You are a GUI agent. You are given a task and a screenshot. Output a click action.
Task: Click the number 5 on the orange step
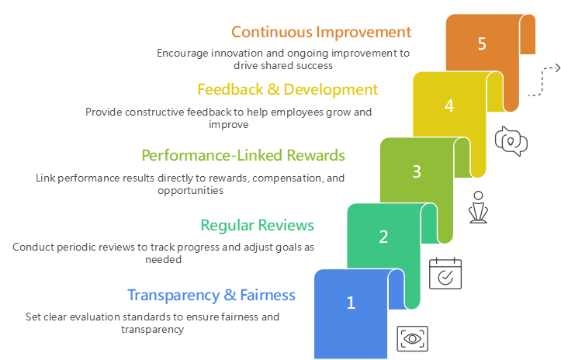482,43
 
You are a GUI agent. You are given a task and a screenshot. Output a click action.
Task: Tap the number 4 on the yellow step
449,106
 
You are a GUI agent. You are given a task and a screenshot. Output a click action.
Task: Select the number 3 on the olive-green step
416,171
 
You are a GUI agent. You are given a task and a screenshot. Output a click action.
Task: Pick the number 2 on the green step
383,237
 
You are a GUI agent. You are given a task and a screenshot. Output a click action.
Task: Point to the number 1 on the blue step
350,303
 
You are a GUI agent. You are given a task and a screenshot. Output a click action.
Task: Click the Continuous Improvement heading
320,32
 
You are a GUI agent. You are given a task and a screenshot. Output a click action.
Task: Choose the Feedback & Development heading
287,89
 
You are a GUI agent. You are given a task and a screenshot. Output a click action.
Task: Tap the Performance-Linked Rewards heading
243,155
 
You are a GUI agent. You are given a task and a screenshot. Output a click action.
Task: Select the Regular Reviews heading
257,225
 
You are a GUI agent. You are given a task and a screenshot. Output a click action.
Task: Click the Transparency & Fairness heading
211,295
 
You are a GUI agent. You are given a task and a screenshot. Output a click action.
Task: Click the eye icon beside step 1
412,337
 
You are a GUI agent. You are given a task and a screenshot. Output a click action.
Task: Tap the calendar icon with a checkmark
445,273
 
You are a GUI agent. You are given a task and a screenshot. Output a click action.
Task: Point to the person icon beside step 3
478,207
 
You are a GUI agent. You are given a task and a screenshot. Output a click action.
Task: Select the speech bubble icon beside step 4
511,140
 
